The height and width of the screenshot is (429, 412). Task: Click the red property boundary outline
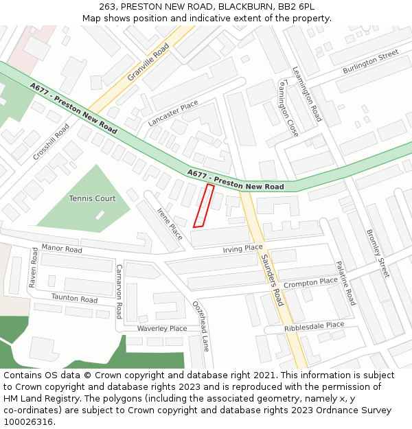coord(203,205)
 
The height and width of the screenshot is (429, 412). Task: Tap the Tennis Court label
coord(92,198)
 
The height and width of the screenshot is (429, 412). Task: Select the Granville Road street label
coord(148,62)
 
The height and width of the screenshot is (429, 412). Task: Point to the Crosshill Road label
coord(51,142)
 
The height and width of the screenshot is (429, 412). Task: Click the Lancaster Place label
coord(172,113)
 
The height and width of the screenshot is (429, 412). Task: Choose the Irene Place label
coord(170,223)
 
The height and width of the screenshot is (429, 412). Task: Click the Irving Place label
coord(242,248)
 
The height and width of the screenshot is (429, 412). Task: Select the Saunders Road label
coord(272,280)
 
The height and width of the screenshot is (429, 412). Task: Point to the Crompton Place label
coord(310,282)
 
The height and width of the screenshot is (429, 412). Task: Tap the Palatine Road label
coord(345,283)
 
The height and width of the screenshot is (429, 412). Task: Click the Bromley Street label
coord(378,253)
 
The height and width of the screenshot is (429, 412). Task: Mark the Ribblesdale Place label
coord(314,326)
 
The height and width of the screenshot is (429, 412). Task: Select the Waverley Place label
coord(162,329)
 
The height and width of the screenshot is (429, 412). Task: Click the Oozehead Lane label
coord(200,326)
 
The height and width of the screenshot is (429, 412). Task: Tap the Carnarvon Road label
coord(118,291)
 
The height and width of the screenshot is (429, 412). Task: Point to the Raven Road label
coord(32,268)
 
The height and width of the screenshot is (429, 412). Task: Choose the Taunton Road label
coord(74,299)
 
